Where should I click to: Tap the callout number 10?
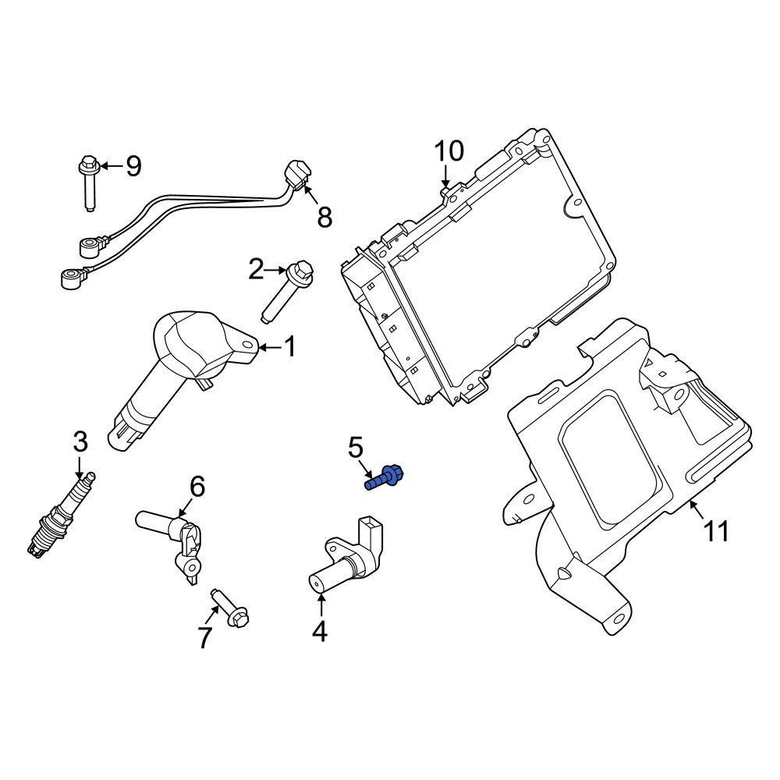tap(449, 151)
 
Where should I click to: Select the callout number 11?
tap(717, 530)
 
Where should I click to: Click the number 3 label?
tap(80, 442)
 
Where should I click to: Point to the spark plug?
tap(61, 516)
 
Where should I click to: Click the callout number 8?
tap(324, 218)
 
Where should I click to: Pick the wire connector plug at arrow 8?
tap(297, 176)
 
